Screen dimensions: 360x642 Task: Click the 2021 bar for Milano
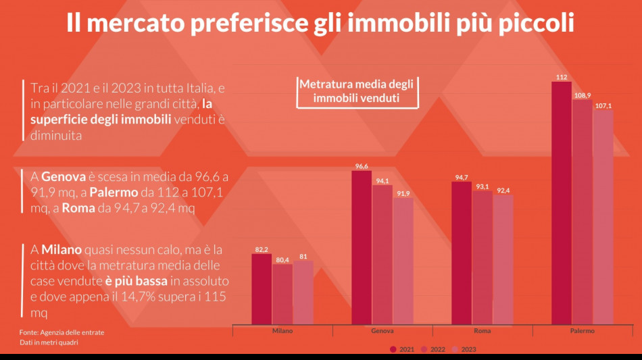[x=262, y=289]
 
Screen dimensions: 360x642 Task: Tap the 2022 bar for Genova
[x=382, y=255]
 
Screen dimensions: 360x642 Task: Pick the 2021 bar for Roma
[x=462, y=253]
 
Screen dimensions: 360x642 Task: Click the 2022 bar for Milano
[x=282, y=294]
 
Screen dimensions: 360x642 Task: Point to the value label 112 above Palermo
[x=561, y=77]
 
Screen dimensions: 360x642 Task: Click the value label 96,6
[x=362, y=166]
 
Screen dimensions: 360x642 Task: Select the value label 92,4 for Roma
[x=503, y=190]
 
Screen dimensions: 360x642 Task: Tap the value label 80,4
[x=282, y=259]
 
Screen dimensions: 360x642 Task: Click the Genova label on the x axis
[x=382, y=331]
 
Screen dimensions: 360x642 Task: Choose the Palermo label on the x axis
[x=582, y=331]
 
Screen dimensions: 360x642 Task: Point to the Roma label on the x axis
[x=483, y=331]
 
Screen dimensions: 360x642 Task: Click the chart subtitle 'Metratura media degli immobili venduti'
[x=356, y=91]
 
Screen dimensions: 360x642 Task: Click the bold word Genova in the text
[x=64, y=176]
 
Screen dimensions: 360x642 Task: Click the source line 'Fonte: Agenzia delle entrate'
[x=61, y=332]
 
